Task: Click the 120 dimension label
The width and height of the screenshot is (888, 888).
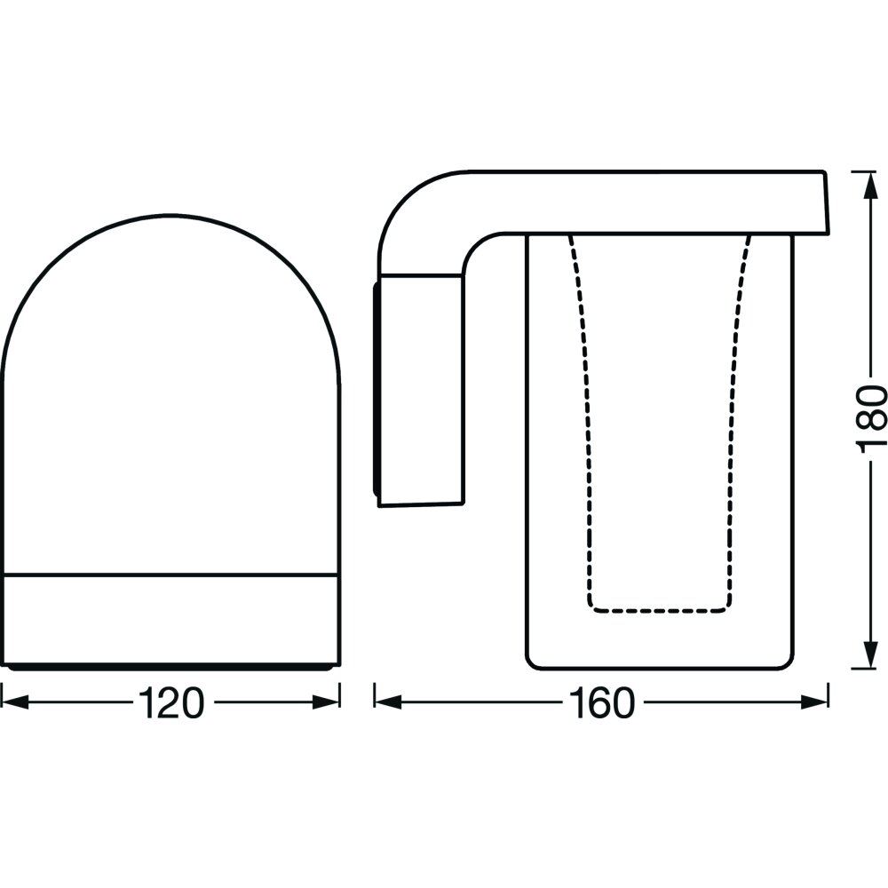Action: (170, 702)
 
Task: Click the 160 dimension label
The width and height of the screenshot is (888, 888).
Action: (603, 702)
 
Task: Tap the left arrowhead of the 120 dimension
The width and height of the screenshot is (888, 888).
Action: (15, 702)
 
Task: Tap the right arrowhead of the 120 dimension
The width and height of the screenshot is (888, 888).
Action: (326, 702)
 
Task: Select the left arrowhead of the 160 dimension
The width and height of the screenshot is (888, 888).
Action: (389, 702)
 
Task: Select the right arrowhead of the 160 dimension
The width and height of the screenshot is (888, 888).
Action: (814, 702)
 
